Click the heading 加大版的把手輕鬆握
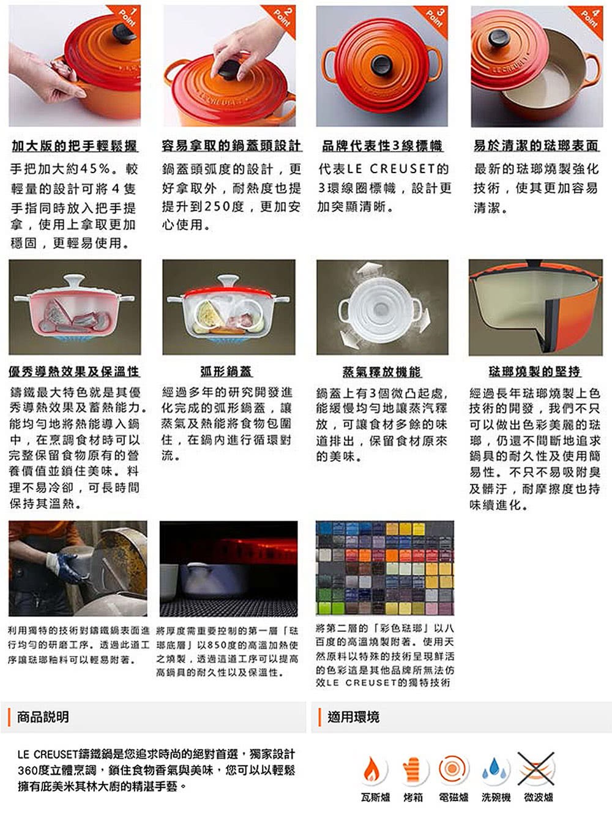[x=75, y=146]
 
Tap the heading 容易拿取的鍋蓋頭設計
[x=231, y=146]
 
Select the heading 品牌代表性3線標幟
[x=382, y=146]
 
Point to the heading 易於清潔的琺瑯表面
[x=536, y=146]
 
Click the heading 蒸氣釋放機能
[x=382, y=371]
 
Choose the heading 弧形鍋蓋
[x=226, y=371]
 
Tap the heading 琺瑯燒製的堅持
[x=534, y=371]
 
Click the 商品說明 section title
[x=43, y=717]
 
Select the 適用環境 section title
[x=353, y=717]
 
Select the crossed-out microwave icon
[x=536, y=768]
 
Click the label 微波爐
[x=538, y=797]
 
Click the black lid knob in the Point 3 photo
[x=381, y=65]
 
